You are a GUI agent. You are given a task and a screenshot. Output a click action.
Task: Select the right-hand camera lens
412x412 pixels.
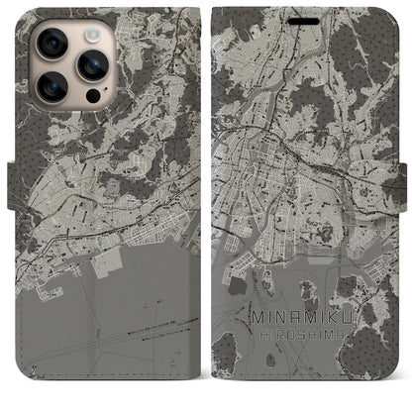(x=95, y=66)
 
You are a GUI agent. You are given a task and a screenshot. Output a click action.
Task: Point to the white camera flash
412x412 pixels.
(x=90, y=33)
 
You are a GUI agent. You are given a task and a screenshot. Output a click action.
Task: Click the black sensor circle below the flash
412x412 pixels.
(x=91, y=99)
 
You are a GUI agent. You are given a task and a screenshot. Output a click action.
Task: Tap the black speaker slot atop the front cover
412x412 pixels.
(x=311, y=13)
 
